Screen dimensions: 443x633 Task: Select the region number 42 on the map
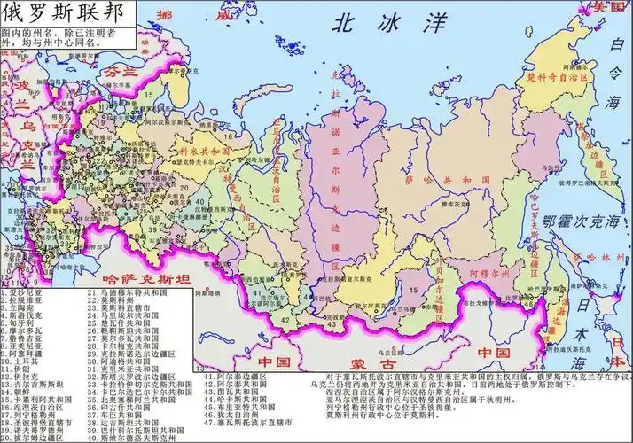285,315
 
